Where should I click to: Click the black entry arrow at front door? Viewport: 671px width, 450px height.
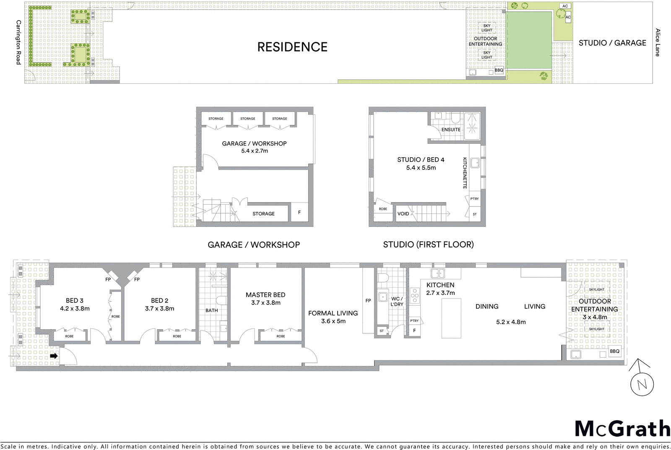pos(54,356)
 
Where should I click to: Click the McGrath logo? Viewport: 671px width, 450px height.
pos(622,429)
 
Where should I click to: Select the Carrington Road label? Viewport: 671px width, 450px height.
pos(18,42)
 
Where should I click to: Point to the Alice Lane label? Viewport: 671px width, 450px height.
pos(657,42)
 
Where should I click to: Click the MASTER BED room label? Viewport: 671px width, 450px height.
pos(265,295)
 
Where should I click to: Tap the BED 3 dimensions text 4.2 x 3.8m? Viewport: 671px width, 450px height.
pos(75,308)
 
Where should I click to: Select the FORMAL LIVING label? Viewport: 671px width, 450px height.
pos(333,313)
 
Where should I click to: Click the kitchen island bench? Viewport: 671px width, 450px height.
pos(451,318)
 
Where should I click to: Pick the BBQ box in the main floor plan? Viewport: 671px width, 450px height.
pos(614,351)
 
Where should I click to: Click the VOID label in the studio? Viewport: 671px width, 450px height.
pos(403,214)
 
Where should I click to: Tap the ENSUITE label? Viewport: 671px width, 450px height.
pos(451,130)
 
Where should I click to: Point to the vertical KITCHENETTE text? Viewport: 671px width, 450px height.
pos(465,173)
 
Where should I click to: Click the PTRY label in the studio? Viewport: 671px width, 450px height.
pos(474,199)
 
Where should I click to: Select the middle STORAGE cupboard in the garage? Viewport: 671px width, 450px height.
pos(247,119)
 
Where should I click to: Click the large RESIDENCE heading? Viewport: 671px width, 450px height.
pos(292,47)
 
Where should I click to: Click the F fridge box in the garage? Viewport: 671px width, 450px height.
pos(299,213)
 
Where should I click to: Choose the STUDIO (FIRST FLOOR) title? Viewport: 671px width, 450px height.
pos(428,245)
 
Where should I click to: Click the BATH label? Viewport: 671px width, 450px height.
pos(211,310)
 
